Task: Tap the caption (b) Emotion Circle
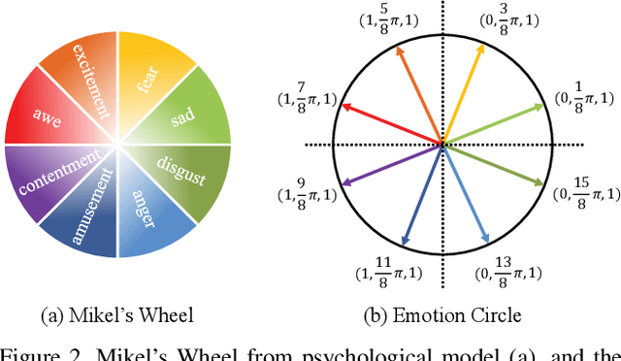pos(442,313)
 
